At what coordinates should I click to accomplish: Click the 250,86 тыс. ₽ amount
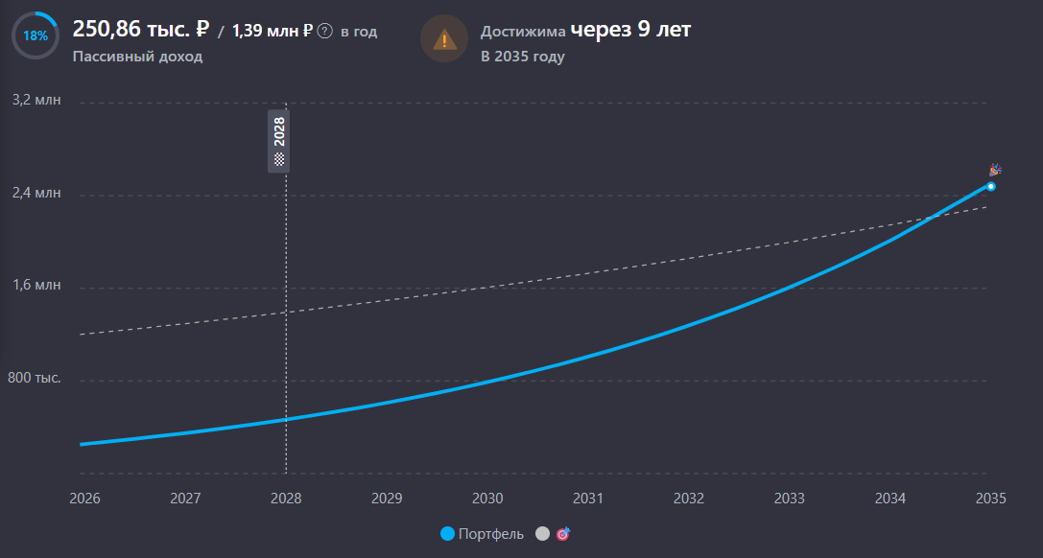pyautogui.click(x=141, y=30)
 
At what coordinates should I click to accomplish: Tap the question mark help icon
pyautogui.click(x=324, y=31)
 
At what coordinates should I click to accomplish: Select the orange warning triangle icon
pyautogui.click(x=444, y=39)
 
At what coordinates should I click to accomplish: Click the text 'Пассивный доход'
pyautogui.click(x=138, y=57)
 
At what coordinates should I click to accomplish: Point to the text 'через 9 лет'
pyautogui.click(x=630, y=30)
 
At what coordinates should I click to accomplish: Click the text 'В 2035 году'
pyautogui.click(x=523, y=57)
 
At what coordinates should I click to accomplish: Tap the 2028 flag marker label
pyautogui.click(x=278, y=141)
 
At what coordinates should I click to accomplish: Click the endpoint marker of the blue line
pyautogui.click(x=991, y=187)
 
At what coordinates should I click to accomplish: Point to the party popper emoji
pyautogui.click(x=995, y=170)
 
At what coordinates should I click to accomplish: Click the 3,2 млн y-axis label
pyautogui.click(x=36, y=100)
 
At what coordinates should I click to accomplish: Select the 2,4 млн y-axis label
pyautogui.click(x=36, y=193)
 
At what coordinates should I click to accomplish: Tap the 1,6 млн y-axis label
pyautogui.click(x=36, y=285)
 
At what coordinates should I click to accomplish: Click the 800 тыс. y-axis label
pyautogui.click(x=34, y=378)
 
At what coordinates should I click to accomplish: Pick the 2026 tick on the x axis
pyautogui.click(x=84, y=499)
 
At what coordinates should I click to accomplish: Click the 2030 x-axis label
pyautogui.click(x=487, y=499)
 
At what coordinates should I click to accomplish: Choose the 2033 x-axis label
pyautogui.click(x=790, y=499)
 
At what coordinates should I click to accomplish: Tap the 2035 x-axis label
pyautogui.click(x=991, y=499)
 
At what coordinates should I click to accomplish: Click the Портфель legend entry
pyautogui.click(x=483, y=534)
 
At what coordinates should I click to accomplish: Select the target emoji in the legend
pyautogui.click(x=562, y=533)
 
